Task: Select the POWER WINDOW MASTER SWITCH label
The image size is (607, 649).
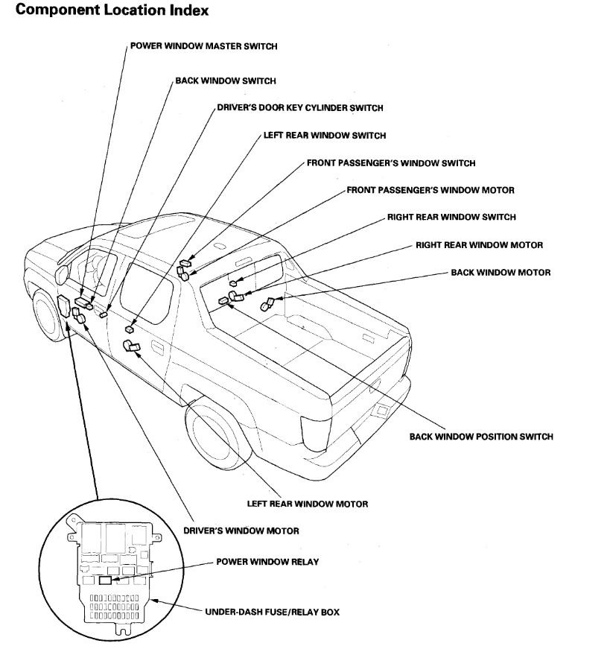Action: click(x=203, y=46)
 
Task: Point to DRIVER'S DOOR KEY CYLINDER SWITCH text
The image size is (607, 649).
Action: click(x=299, y=108)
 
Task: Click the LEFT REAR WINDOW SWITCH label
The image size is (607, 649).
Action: click(x=324, y=136)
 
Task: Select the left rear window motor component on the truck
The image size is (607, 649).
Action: click(x=130, y=346)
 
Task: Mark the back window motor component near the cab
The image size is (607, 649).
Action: click(x=267, y=305)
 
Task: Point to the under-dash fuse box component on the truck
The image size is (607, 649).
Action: click(x=63, y=306)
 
